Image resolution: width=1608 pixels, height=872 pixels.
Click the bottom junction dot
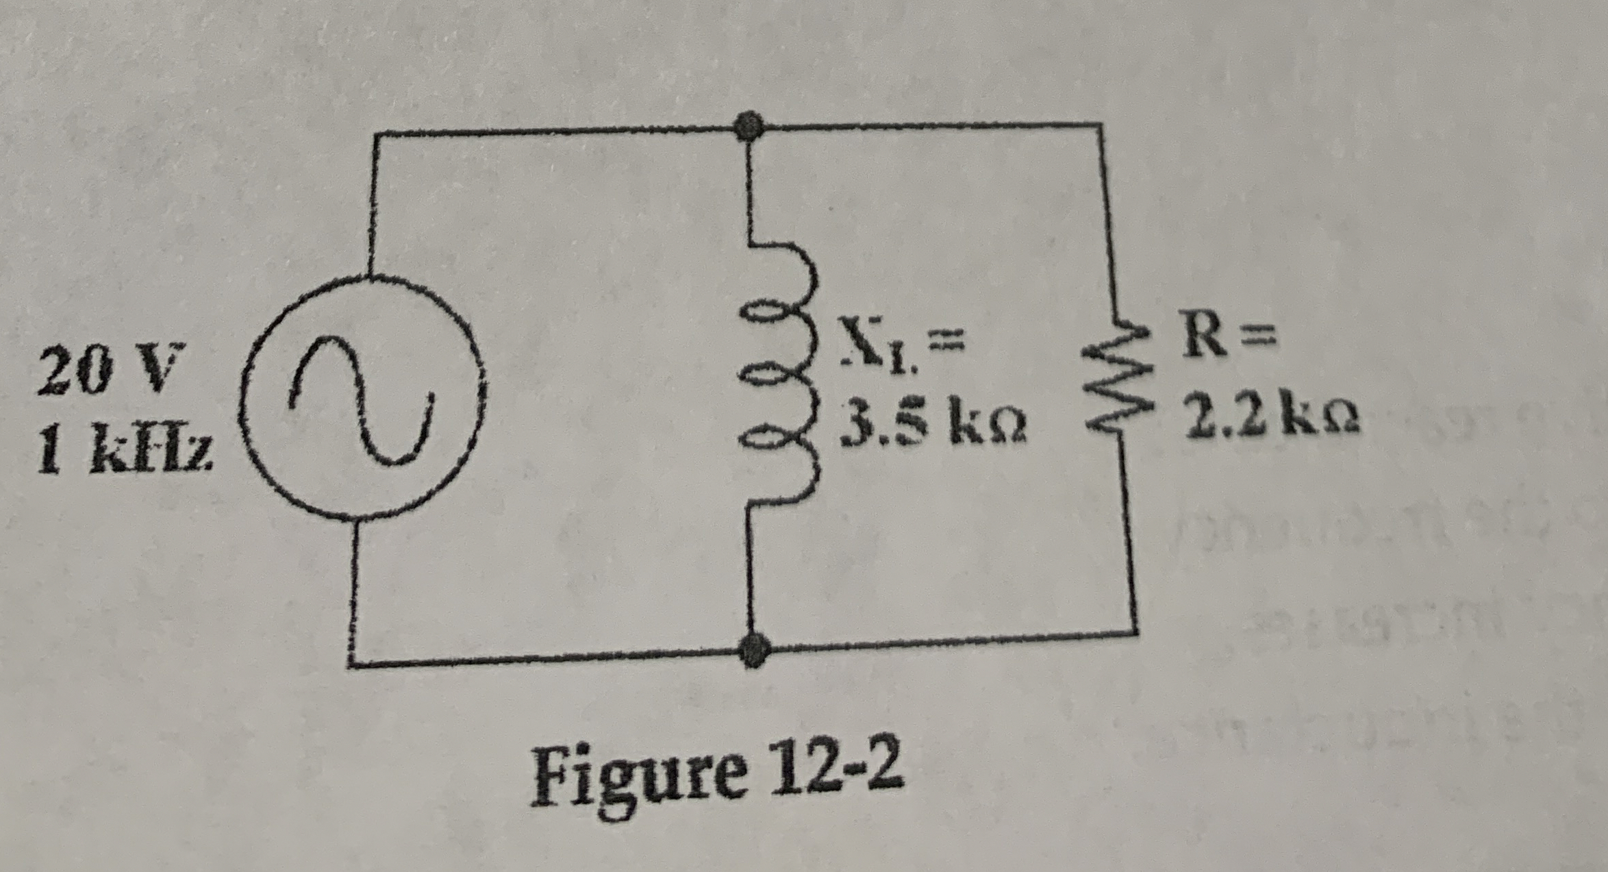pos(754,649)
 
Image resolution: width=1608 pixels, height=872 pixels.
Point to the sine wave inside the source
pos(361,399)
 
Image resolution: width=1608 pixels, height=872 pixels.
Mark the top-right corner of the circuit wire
pos(1101,125)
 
